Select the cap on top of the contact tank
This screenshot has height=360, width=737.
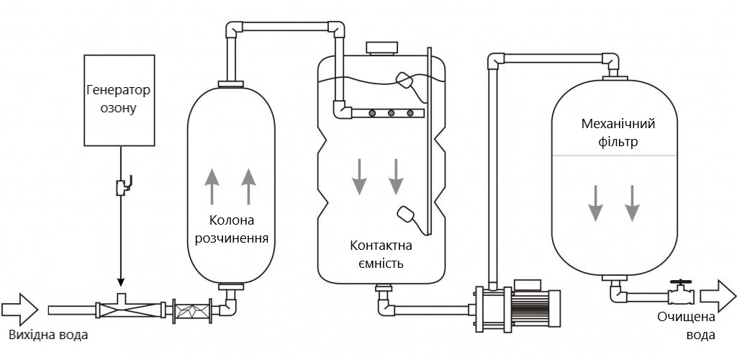381,49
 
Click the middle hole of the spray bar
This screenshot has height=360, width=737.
391,112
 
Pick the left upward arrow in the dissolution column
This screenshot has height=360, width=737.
212,186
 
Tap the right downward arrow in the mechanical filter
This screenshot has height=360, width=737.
632,202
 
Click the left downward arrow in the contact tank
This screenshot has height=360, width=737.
358,176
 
